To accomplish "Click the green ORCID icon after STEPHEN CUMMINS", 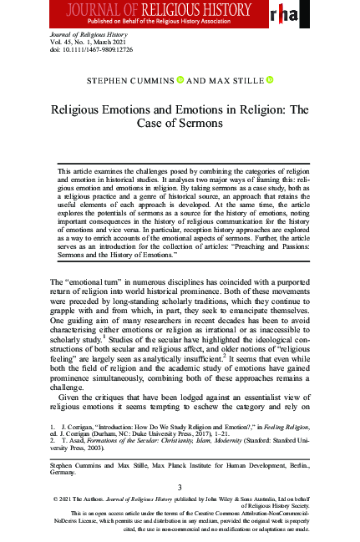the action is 180,79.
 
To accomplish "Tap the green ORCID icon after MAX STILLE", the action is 270,79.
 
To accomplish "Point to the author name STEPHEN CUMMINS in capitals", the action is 130,80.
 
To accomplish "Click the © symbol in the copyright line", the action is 54,500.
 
